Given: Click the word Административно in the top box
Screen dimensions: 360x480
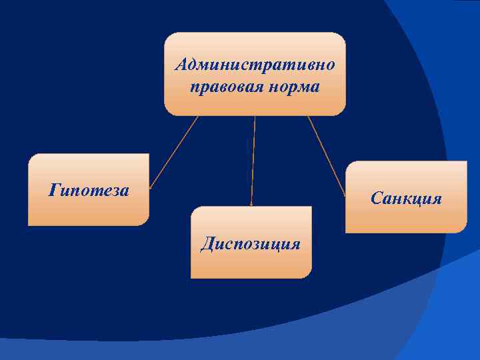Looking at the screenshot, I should point(255,65).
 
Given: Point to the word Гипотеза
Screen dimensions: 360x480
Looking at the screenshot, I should point(89,191).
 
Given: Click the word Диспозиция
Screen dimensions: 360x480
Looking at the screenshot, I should point(251,243).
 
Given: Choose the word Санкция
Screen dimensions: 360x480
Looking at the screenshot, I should point(406,199).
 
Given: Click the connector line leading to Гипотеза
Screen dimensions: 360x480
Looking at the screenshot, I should point(175,151).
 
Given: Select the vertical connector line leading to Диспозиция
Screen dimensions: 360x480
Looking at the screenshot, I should point(253,160).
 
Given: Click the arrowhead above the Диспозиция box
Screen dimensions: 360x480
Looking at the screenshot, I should point(251,203).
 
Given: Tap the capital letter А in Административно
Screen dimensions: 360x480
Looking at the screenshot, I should point(182,65).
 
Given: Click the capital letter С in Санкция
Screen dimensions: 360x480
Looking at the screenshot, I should point(376,199).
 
